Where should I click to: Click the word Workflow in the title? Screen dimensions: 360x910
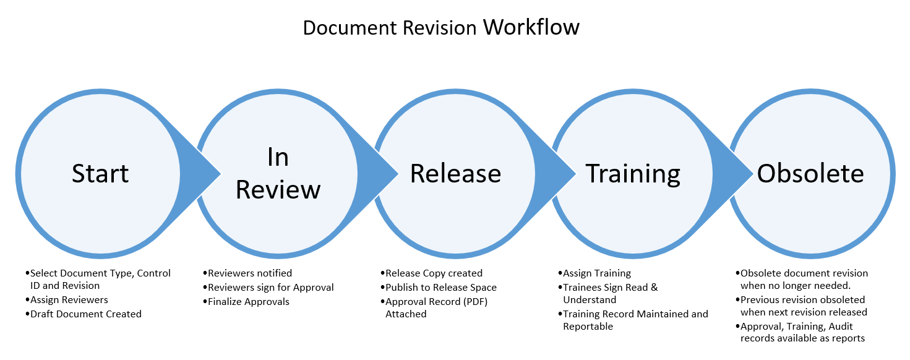point(531,27)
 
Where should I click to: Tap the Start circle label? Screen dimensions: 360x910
point(100,173)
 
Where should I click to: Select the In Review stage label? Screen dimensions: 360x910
point(278,174)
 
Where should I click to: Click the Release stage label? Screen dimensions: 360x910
point(455,174)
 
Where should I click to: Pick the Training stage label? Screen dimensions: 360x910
point(633,174)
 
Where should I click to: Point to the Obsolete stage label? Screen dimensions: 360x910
point(810,174)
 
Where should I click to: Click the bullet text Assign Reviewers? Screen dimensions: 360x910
point(69,300)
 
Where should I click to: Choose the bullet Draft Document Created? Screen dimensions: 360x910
point(85,314)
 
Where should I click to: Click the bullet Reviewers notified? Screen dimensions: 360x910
point(250,273)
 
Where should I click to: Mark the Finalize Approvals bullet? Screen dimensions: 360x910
point(249,302)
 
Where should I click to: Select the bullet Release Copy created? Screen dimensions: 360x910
point(434,273)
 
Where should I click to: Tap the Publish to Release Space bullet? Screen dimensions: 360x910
point(440,287)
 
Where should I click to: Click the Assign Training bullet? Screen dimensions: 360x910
point(596,273)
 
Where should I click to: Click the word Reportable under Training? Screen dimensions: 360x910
point(588,327)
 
